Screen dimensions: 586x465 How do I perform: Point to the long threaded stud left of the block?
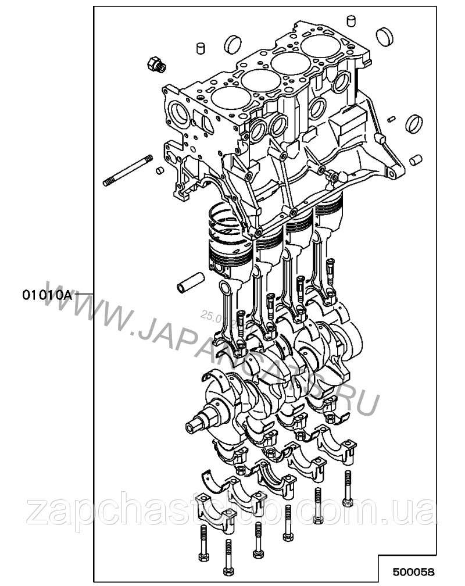(x=128, y=171)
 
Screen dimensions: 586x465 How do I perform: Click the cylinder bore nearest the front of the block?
(x=228, y=99)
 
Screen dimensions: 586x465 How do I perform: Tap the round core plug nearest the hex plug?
(x=233, y=43)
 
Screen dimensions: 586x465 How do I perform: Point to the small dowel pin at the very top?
(x=350, y=22)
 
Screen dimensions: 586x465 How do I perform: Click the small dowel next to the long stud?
(x=158, y=171)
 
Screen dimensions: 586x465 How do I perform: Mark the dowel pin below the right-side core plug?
(x=415, y=159)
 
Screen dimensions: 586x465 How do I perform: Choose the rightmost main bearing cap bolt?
(x=348, y=487)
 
